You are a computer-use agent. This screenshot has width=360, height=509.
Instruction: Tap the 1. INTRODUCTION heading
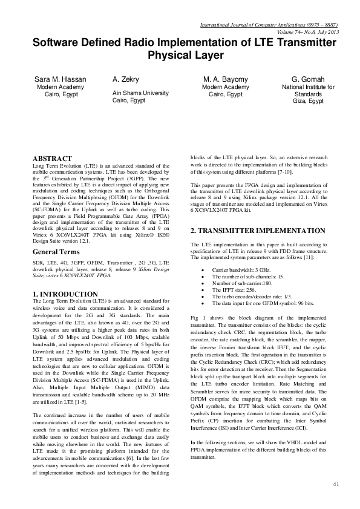(x=65, y=294)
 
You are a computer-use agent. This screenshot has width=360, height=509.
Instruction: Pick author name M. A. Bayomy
(x=224, y=79)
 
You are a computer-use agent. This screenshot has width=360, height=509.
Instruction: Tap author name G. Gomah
(x=308, y=79)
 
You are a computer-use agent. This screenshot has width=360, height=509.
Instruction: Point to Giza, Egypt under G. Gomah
(x=308, y=102)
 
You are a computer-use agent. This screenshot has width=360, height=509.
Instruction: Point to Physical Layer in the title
(x=186, y=56)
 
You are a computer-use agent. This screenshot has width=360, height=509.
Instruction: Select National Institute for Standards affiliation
(x=308, y=91)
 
